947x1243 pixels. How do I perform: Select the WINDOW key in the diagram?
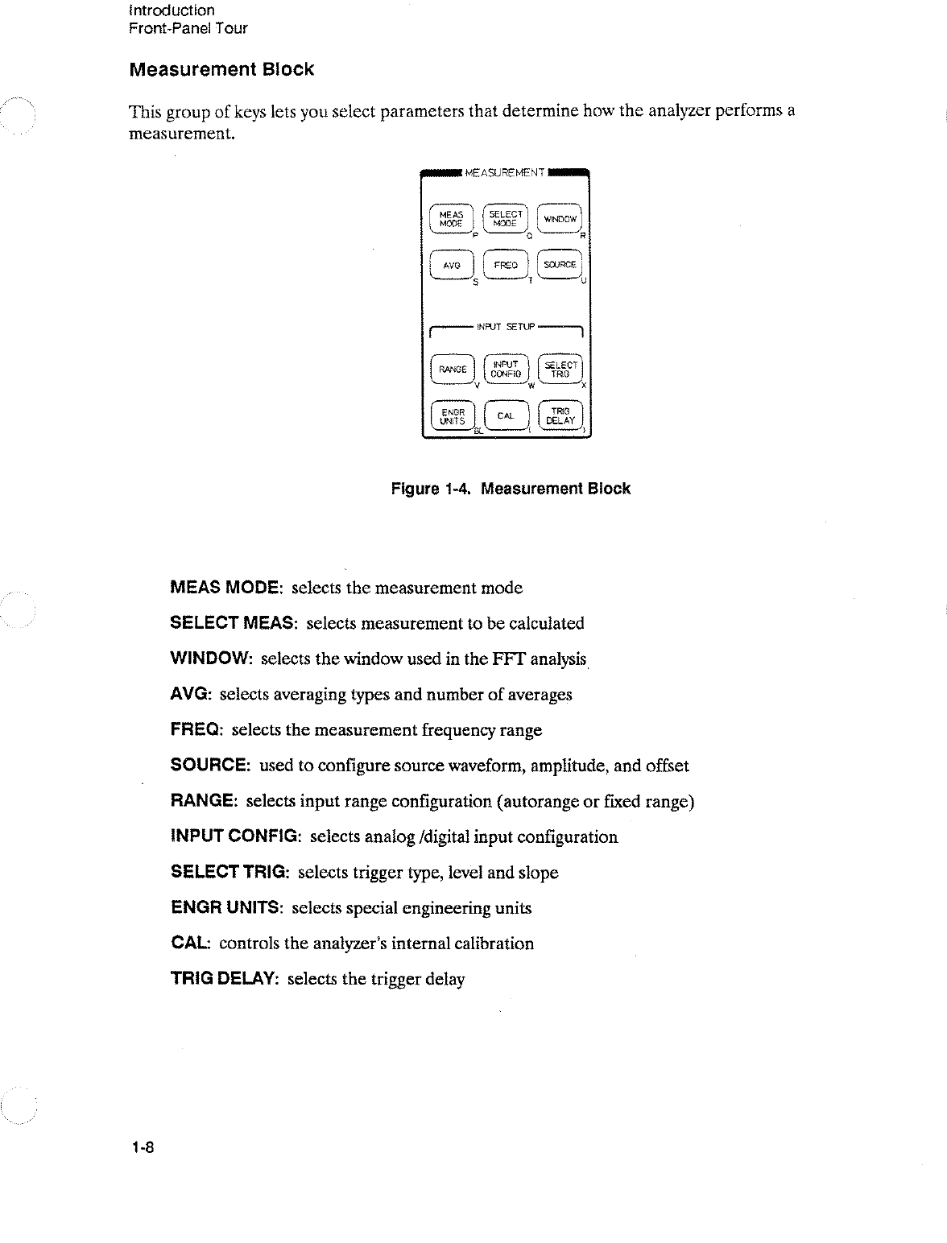coord(560,219)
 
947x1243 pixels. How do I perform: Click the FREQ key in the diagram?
coord(505,265)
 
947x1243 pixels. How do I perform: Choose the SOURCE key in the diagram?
coord(560,265)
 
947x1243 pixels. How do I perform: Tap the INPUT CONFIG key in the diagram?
coord(506,369)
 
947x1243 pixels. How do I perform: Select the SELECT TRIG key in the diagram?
coord(560,370)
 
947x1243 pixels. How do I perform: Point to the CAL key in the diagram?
coord(506,415)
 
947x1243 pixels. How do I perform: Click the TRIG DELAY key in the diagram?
coord(560,415)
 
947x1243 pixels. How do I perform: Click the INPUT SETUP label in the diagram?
coord(506,326)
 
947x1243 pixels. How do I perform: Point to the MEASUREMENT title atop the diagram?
coord(505,171)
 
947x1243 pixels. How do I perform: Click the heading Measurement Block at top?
coord(221,69)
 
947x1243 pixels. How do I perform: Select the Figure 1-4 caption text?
coord(511,489)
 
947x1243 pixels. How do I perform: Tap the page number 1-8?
coord(143,1147)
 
